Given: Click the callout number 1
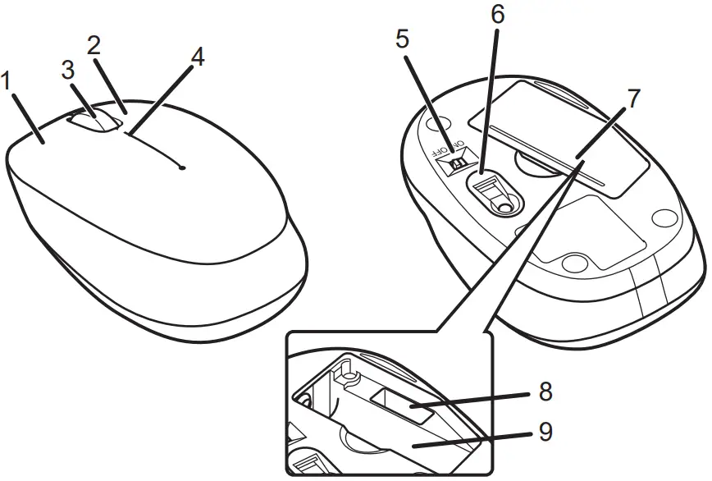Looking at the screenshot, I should (x=7, y=82).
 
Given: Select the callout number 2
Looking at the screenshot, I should (x=94, y=46).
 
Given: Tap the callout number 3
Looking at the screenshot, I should (x=68, y=71).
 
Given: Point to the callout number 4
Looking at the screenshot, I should (x=196, y=57).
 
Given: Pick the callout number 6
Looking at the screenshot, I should (x=498, y=15).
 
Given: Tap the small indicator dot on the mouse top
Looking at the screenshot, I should (x=181, y=167).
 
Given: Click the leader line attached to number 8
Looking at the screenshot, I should (x=476, y=398).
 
